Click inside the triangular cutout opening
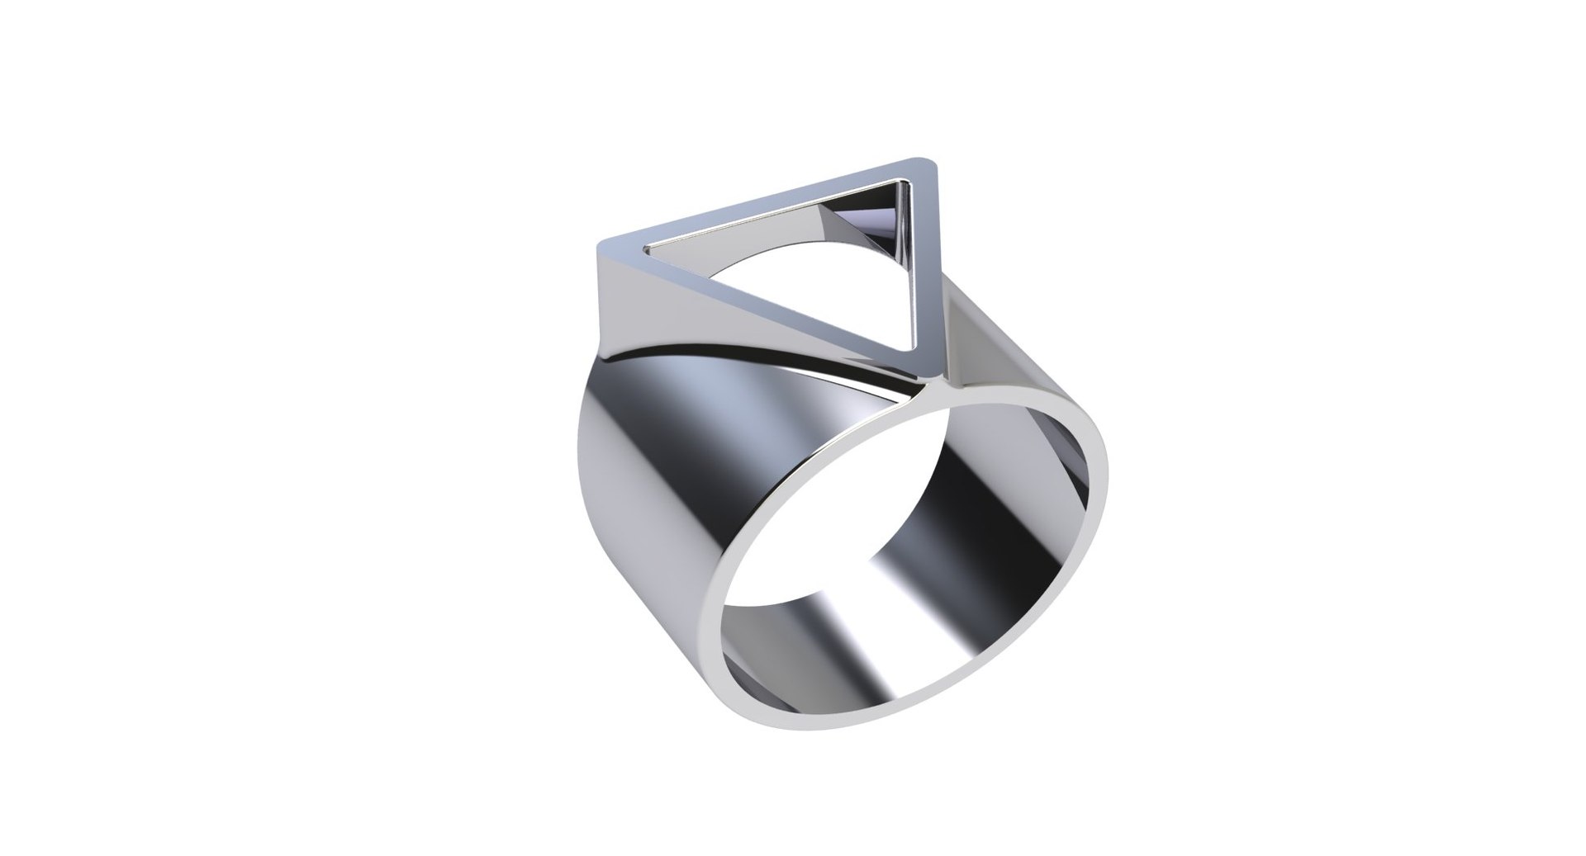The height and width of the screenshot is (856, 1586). pyautogui.click(x=826, y=281)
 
